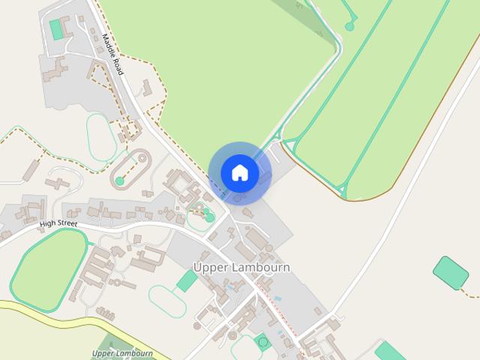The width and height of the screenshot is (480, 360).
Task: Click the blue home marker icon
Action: pos(239,173)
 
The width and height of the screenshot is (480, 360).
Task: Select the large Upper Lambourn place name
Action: pos(241,268)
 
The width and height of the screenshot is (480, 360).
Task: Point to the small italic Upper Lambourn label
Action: pos(123,353)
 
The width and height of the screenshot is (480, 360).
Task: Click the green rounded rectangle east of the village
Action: pos(451,273)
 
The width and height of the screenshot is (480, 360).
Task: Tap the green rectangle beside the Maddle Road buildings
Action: pos(56,29)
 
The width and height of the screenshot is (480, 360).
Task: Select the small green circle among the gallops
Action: pos(349,27)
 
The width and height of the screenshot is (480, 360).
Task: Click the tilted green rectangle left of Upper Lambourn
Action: pos(187,281)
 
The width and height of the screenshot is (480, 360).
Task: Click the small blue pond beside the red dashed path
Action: pos(279,298)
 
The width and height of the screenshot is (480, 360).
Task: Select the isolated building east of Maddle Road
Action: pos(148,88)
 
